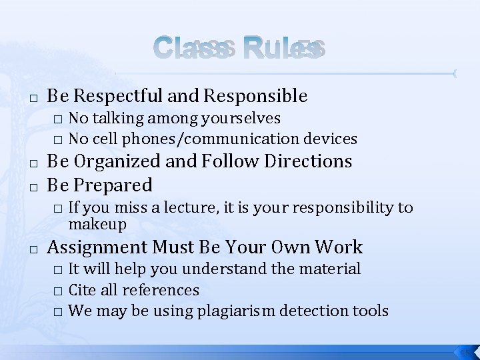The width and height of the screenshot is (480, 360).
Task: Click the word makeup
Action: tap(97, 224)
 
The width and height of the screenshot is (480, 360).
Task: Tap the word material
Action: tap(331, 269)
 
